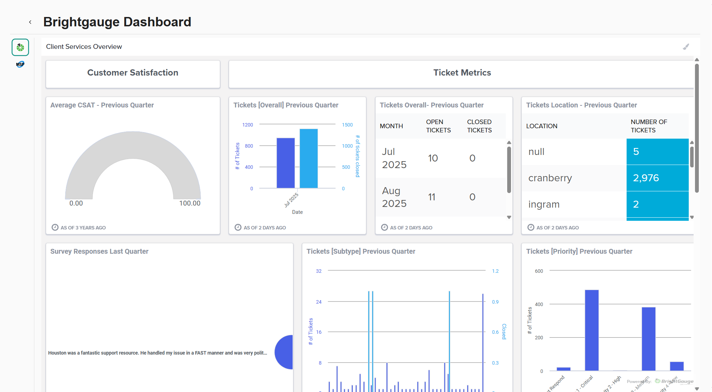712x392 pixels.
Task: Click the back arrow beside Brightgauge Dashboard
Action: [x=30, y=22]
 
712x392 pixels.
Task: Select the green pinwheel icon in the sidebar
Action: [x=20, y=47]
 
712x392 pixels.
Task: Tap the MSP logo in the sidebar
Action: [x=20, y=64]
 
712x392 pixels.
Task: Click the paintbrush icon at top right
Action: [x=686, y=47]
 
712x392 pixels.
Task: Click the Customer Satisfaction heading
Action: [x=133, y=73]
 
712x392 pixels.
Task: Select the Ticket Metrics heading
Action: [x=462, y=73]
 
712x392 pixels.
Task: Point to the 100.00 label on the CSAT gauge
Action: [x=190, y=203]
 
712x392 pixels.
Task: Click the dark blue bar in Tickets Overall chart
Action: [x=285, y=163]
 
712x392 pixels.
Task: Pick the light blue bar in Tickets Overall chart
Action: [x=309, y=158]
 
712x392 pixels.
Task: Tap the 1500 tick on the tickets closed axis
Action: [x=347, y=125]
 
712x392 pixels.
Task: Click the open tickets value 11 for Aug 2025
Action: [x=432, y=197]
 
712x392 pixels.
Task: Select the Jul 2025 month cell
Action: [x=394, y=158]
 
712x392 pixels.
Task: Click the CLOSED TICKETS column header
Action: [x=479, y=126]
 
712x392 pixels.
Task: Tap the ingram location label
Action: [x=544, y=204]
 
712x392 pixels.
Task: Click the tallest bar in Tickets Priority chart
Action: [x=592, y=330]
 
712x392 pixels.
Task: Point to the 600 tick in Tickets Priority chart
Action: [x=539, y=271]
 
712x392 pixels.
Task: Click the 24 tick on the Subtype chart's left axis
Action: [x=319, y=302]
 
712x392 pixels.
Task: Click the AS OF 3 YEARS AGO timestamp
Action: [x=83, y=228]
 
